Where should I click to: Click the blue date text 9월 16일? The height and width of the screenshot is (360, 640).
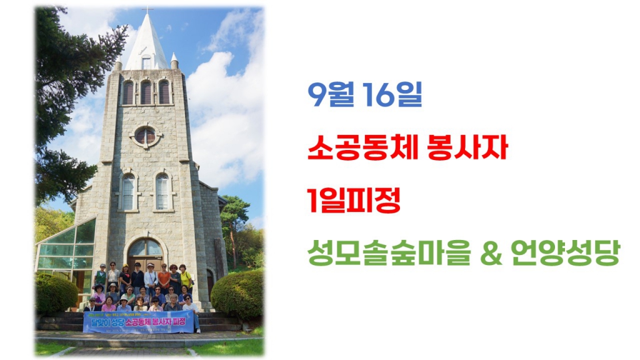(365, 96)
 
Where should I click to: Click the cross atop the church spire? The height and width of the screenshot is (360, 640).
(148, 9)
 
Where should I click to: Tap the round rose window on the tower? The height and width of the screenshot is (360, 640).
(145, 135)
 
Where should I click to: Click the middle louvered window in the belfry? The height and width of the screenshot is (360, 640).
(146, 92)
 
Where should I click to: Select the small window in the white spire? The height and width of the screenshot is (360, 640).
(146, 62)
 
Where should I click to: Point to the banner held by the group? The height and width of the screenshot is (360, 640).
(138, 321)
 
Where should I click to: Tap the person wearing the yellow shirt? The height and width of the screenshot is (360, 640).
(184, 276)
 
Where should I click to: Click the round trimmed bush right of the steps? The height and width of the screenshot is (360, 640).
(237, 294)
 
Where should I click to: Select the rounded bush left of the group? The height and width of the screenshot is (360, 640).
(56, 293)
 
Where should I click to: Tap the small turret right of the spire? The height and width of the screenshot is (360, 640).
(174, 61)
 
